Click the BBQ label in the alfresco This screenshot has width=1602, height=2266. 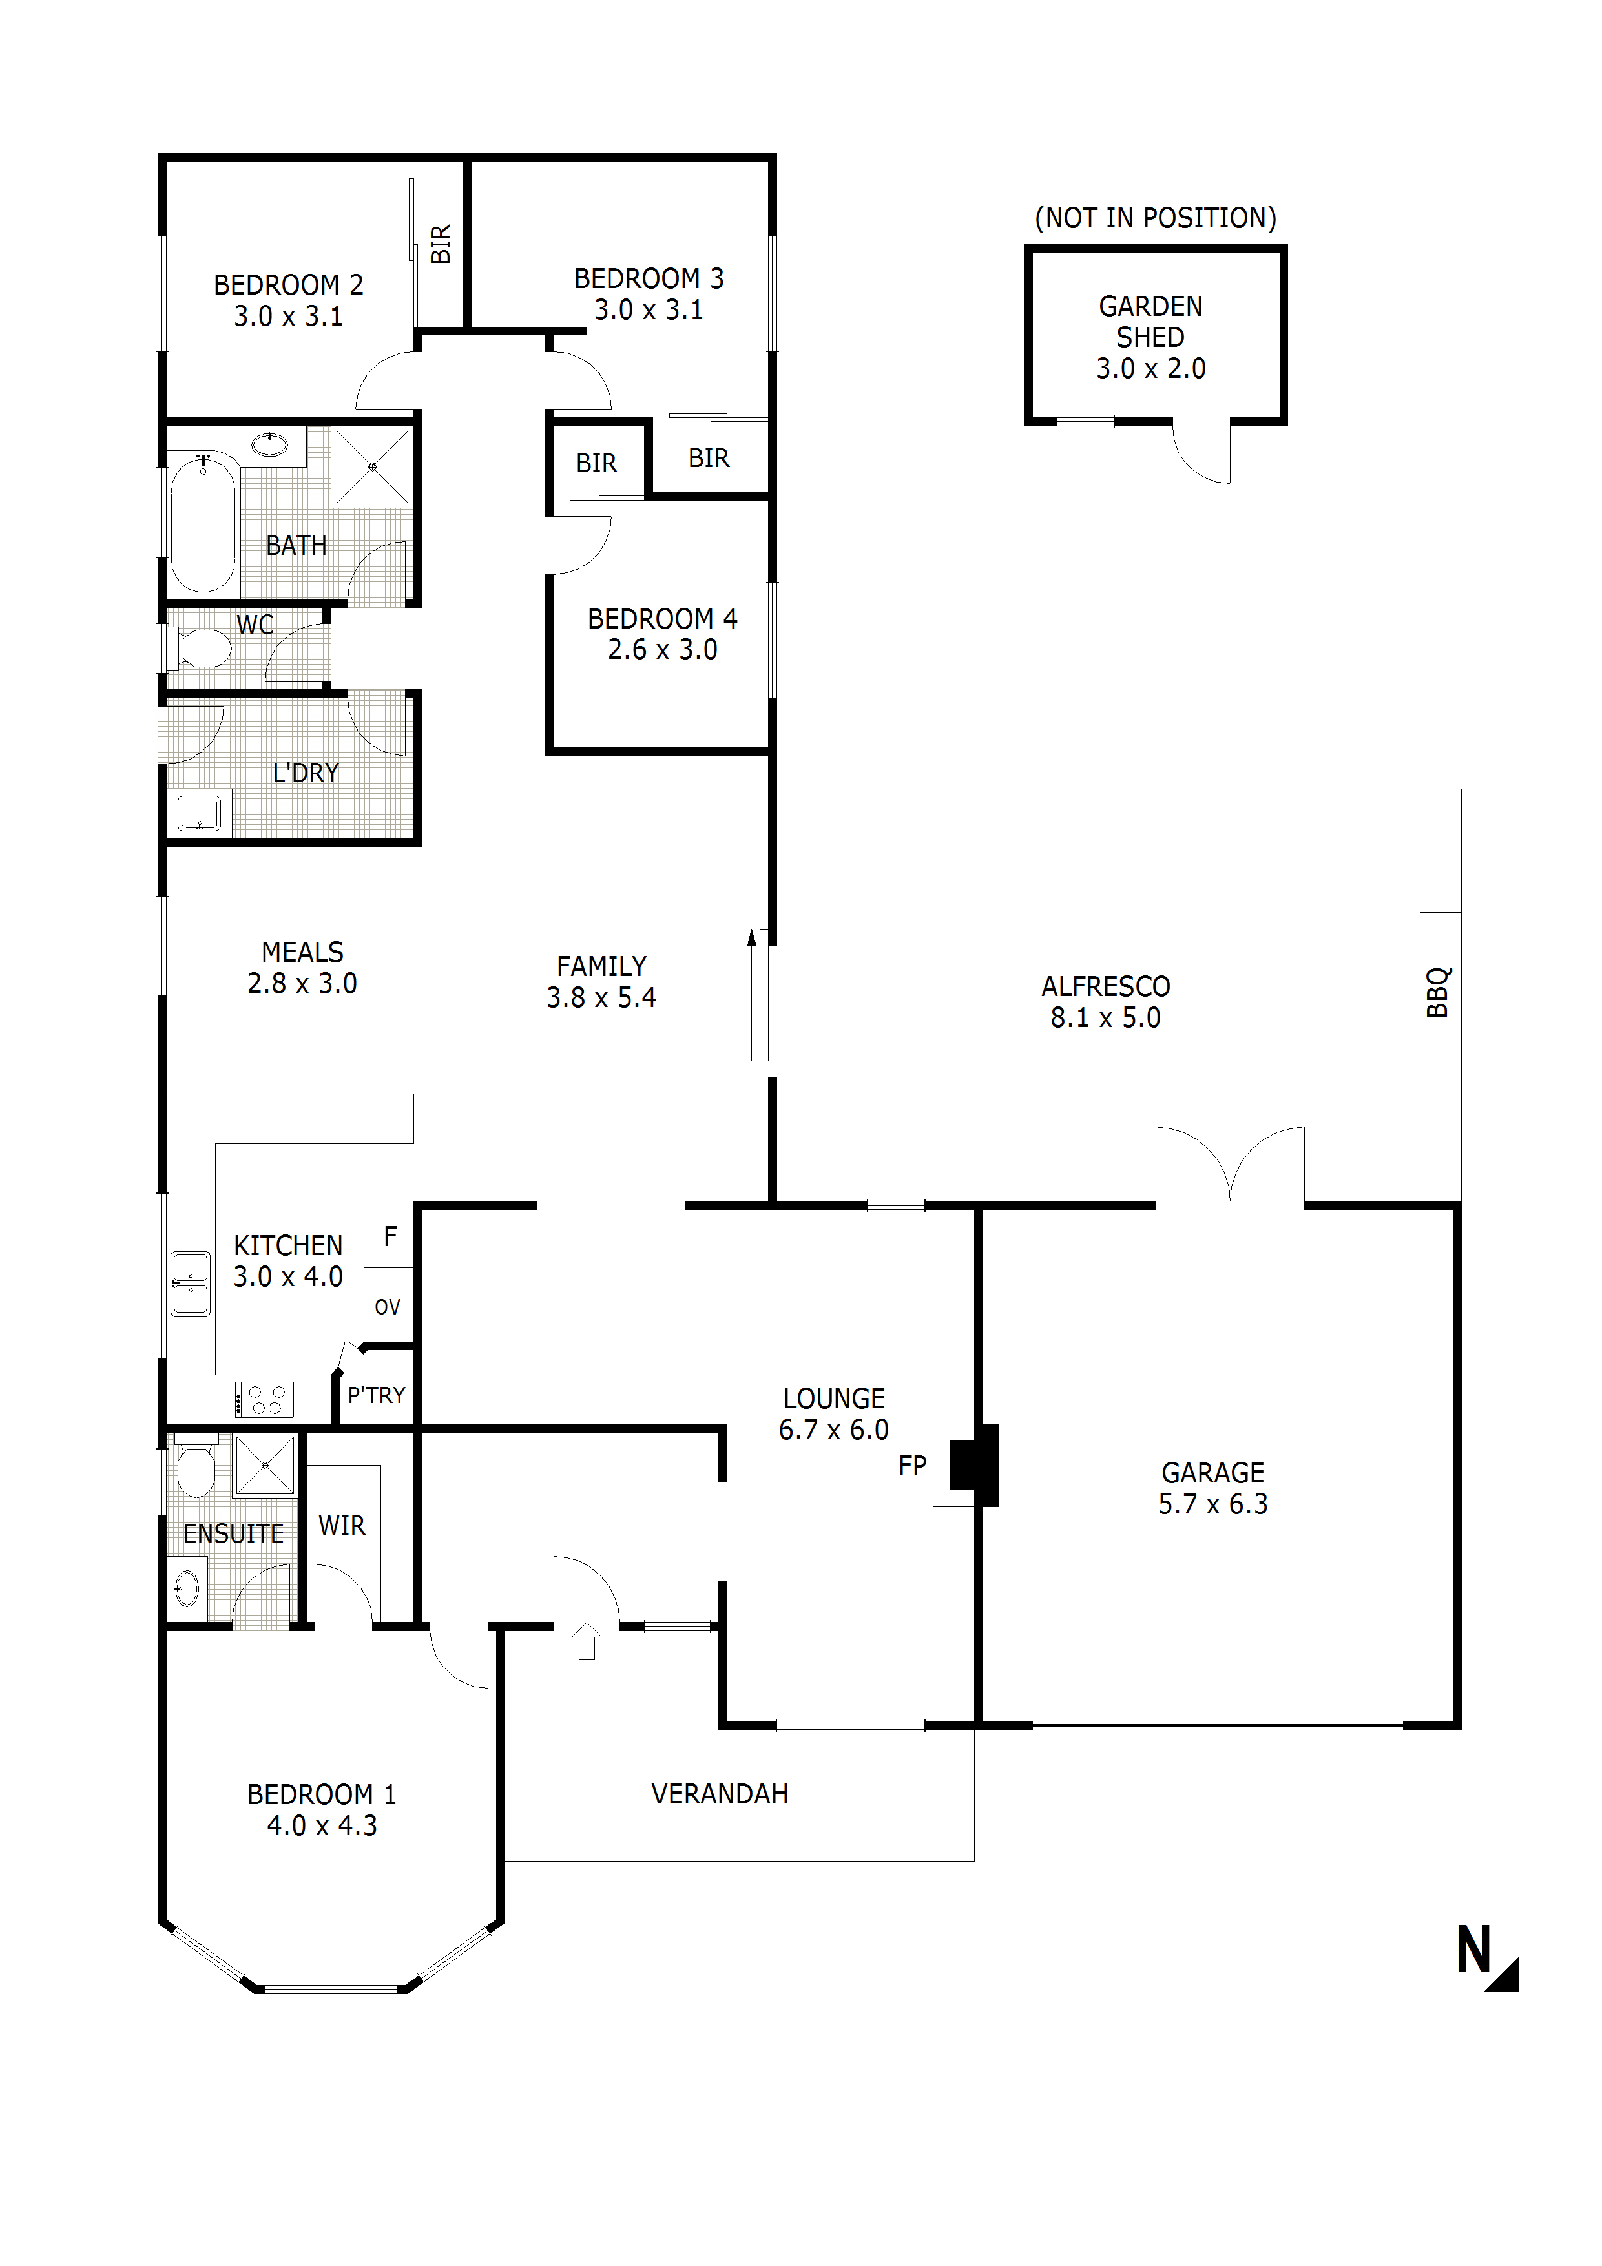(x=1439, y=991)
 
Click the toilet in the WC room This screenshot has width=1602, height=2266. (x=200, y=649)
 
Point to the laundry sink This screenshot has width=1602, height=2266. (x=200, y=813)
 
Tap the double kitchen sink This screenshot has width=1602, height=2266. (x=191, y=1284)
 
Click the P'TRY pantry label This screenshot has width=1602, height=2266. (x=376, y=1395)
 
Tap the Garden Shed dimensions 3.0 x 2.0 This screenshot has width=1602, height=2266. (x=1151, y=368)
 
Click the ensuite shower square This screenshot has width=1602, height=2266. (x=265, y=1466)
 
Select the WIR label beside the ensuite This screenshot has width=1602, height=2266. (x=342, y=1526)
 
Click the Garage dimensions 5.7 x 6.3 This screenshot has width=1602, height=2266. (x=1213, y=1504)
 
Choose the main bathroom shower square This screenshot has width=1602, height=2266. (x=372, y=467)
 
